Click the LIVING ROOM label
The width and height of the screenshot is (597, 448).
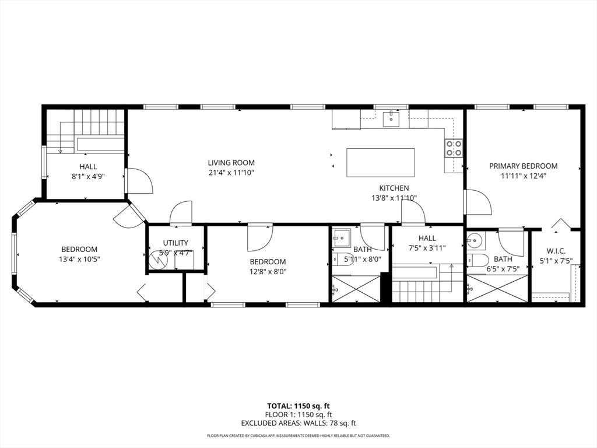click(x=231, y=163)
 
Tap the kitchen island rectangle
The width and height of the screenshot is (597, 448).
click(x=381, y=163)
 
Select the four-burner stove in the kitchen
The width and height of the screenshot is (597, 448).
click(x=454, y=148)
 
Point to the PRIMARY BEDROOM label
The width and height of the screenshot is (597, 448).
click(x=523, y=166)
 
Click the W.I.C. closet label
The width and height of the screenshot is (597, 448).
click(x=556, y=250)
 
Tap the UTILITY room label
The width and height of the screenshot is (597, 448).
click(x=175, y=243)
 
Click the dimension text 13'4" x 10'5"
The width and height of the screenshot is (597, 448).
click(x=79, y=259)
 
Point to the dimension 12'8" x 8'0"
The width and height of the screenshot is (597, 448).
click(x=268, y=271)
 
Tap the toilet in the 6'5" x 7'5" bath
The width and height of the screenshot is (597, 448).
click(x=478, y=260)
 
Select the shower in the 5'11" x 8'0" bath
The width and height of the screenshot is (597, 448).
click(x=356, y=289)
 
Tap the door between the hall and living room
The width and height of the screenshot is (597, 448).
click(x=139, y=181)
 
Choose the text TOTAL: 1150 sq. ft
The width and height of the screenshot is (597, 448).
click(x=298, y=406)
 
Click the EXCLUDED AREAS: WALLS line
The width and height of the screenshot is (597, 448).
click(x=298, y=423)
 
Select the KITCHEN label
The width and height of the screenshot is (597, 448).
click(x=394, y=188)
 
